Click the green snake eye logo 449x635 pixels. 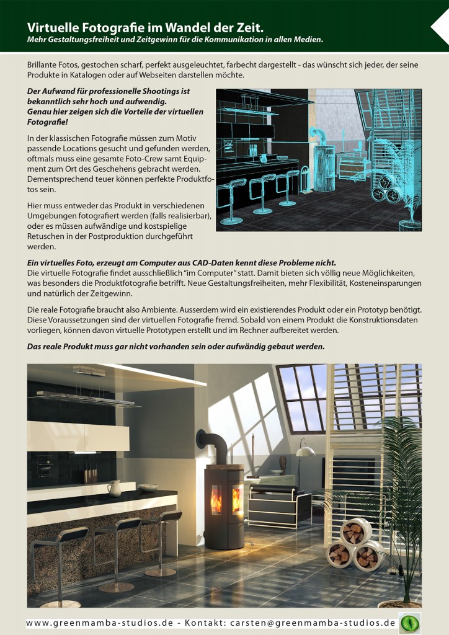[409, 623]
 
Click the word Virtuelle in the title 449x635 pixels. [50, 27]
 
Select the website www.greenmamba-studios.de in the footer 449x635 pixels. [99, 623]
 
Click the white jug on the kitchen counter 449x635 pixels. [114, 488]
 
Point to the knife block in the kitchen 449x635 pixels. [91, 473]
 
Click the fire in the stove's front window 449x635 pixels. [216, 500]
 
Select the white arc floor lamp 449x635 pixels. [304, 456]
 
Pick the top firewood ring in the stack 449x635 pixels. [355, 531]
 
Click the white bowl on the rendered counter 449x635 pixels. [148, 488]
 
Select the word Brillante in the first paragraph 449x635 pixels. [45, 64]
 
